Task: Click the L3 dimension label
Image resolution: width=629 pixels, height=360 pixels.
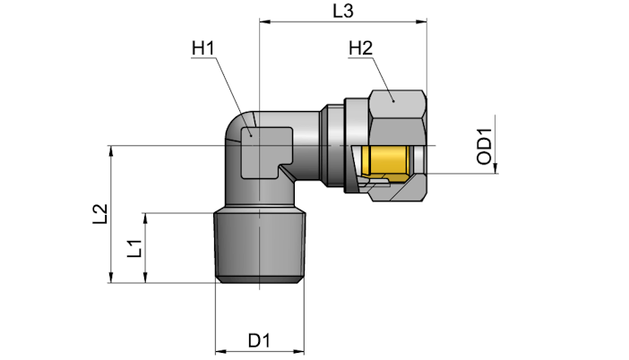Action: (x=343, y=11)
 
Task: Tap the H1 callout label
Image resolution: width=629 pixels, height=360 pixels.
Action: (x=203, y=48)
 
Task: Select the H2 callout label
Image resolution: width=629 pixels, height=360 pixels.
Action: (x=360, y=48)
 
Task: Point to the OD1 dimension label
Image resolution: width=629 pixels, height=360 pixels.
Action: (x=484, y=146)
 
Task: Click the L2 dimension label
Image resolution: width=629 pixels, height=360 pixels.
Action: (x=100, y=214)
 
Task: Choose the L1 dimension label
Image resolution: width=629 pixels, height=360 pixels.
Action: (x=134, y=248)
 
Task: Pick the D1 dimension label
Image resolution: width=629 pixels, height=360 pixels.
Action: (x=259, y=341)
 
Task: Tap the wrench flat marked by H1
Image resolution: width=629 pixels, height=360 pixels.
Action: (x=266, y=153)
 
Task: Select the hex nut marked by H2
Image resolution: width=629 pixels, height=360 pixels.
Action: (x=398, y=145)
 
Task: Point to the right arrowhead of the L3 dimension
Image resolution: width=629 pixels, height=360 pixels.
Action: (x=422, y=21)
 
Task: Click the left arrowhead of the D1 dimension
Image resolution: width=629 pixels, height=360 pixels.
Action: (x=220, y=352)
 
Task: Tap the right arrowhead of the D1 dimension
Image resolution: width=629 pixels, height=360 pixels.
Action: (x=299, y=352)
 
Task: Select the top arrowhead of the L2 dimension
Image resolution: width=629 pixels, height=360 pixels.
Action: (x=111, y=150)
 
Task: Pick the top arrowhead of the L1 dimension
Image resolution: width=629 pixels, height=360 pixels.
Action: (x=146, y=219)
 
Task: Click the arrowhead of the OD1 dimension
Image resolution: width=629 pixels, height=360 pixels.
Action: (x=495, y=168)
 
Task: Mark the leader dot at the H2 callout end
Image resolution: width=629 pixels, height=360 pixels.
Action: (x=393, y=101)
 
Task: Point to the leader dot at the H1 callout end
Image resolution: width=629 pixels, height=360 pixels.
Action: (x=251, y=135)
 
